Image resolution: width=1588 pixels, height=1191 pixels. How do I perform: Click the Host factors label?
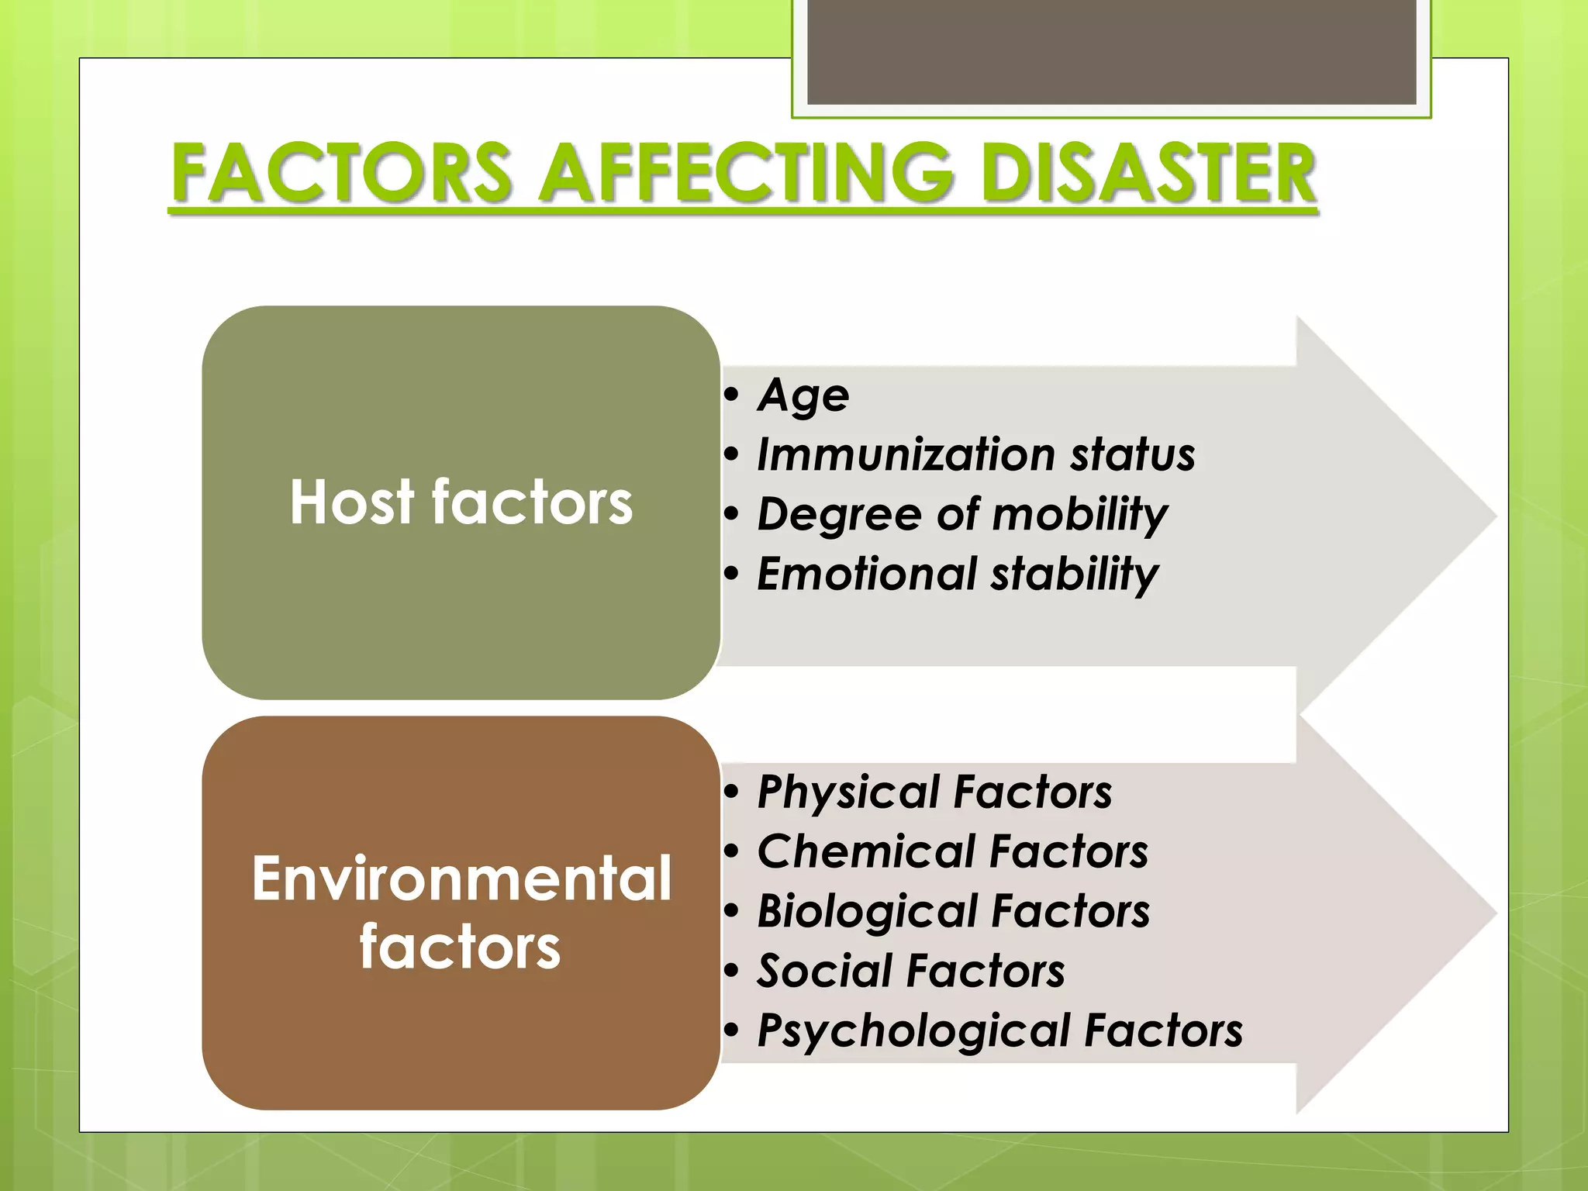click(461, 502)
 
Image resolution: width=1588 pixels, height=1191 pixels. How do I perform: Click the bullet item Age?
click(803, 395)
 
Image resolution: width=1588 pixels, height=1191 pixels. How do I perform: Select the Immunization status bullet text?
click(975, 454)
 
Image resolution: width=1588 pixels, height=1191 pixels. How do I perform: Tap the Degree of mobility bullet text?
click(961, 514)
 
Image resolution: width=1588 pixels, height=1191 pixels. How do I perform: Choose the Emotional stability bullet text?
click(958, 574)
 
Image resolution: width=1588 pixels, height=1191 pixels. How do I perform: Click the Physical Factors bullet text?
click(934, 792)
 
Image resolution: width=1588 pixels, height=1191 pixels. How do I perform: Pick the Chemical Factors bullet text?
click(952, 851)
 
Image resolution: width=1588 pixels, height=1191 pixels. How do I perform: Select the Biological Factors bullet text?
click(954, 911)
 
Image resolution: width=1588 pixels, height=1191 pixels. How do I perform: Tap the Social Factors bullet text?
click(911, 971)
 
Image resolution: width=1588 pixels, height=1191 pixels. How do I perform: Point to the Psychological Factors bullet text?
click(1000, 1030)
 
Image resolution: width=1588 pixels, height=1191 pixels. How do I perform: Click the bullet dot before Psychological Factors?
click(731, 1030)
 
